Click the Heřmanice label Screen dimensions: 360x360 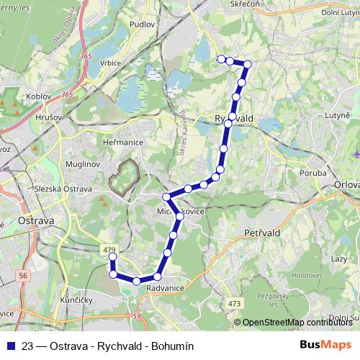(124, 143)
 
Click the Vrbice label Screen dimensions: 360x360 (110, 63)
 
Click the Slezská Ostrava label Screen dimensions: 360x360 (63, 189)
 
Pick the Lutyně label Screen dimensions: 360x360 (337, 114)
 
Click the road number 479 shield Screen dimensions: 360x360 (109, 250)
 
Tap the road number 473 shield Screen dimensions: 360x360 (235, 304)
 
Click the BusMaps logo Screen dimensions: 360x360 (325, 345)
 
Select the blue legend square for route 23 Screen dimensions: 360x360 (8, 346)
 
